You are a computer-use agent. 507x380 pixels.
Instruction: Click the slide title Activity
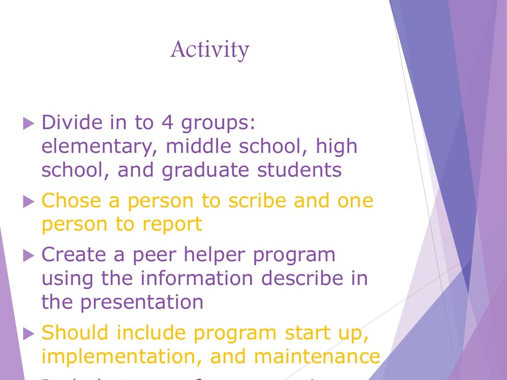coord(210,50)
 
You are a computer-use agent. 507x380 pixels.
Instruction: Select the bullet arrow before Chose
coord(29,202)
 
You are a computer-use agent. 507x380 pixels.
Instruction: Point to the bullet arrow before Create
coord(29,256)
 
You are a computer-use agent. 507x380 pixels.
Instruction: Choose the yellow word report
coord(172,225)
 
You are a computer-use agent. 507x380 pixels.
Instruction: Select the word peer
coord(157,256)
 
